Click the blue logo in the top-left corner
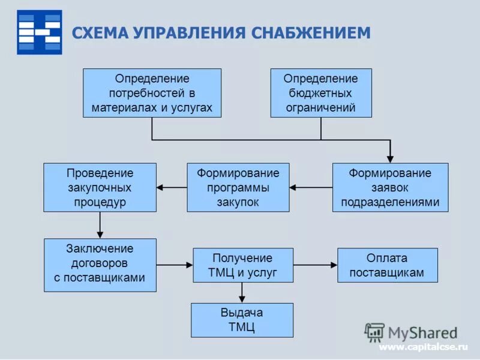tap(39, 32)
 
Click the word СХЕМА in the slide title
tap(100, 32)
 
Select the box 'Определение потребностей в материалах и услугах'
tap(152, 93)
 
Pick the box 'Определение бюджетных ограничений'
tap(321, 93)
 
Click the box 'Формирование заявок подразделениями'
tap(390, 187)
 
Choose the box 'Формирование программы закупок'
tap(238, 187)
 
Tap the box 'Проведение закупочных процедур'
tap(100, 187)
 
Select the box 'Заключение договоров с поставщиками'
tap(100, 265)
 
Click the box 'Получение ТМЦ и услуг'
tap(242, 265)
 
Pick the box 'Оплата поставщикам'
tap(387, 265)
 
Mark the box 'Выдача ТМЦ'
tap(242, 320)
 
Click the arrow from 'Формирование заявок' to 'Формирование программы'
tap(311, 187)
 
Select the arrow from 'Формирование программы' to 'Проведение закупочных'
tap(172, 187)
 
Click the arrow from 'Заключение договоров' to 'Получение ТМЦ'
tap(174, 265)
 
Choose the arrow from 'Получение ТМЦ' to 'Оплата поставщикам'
tap(315, 265)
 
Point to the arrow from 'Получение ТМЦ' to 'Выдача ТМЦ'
tap(242, 293)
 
